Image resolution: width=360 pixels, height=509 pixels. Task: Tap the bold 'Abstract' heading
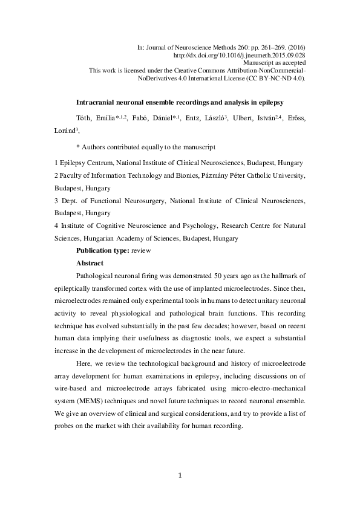[91, 263]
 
